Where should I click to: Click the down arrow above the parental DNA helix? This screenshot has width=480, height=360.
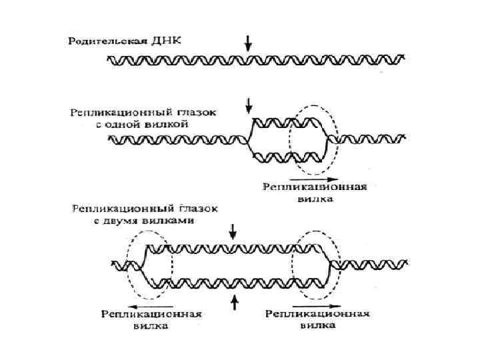pyautogui.click(x=249, y=43)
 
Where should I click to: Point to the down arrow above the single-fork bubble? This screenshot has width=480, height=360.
pyautogui.click(x=249, y=104)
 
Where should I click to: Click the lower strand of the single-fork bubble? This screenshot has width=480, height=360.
pyautogui.click(x=287, y=157)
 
